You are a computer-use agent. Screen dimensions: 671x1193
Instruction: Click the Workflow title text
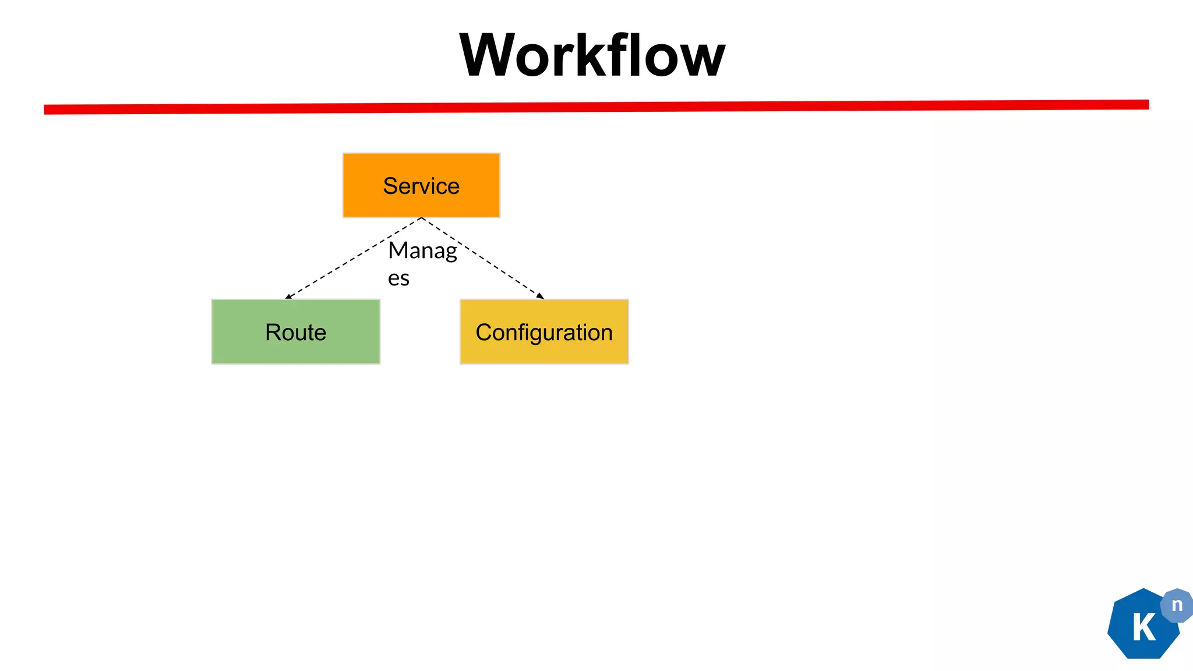(592, 55)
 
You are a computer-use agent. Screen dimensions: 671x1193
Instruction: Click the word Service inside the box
(421, 186)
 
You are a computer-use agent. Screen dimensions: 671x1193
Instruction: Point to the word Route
(295, 333)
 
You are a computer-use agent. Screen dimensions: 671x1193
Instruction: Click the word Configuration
(544, 333)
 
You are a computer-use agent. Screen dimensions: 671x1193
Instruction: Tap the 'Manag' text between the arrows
(422, 251)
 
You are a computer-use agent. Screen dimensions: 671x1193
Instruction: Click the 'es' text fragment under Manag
(398, 278)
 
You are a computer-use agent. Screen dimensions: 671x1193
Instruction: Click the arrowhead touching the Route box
(288, 296)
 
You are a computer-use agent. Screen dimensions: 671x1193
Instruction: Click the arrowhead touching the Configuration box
(540, 296)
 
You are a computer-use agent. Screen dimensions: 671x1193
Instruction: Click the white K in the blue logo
(1143, 628)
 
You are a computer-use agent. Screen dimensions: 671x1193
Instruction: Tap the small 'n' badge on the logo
(1177, 605)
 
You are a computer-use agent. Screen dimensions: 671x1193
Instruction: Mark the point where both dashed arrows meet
(421, 218)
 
